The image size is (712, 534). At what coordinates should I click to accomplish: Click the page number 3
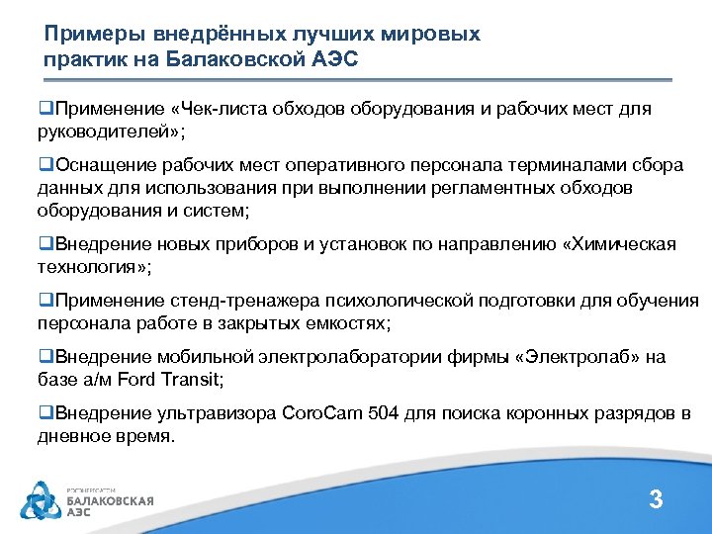coord(655,499)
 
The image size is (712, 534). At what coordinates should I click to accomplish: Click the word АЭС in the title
coord(337,59)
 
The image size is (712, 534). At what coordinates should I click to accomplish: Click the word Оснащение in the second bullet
coord(102,165)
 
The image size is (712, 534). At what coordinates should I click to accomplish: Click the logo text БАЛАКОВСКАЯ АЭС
coord(109,505)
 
